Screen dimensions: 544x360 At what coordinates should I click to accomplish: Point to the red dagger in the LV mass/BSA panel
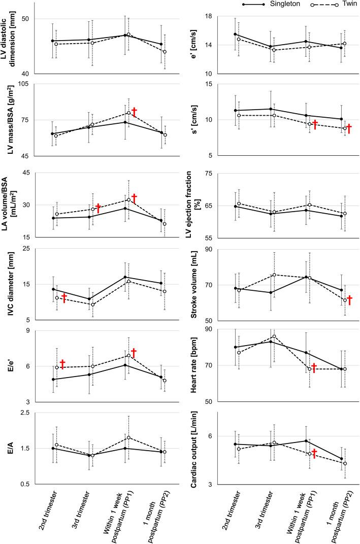[x=135, y=112]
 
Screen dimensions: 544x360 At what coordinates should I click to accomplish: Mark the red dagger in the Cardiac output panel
[x=314, y=453]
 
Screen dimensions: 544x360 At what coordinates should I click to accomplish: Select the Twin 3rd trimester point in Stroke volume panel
[x=274, y=275]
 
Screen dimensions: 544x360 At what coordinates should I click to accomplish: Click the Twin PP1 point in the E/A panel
[x=129, y=437]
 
